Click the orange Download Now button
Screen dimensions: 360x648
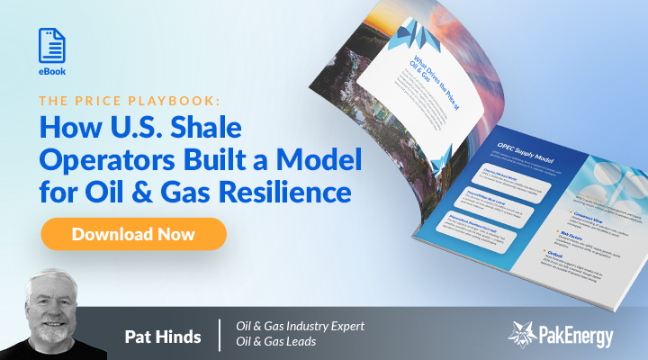133,234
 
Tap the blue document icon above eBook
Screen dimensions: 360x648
52,45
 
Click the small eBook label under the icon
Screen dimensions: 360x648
52,71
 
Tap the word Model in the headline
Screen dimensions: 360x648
323,160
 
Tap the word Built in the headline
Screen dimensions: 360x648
228,160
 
